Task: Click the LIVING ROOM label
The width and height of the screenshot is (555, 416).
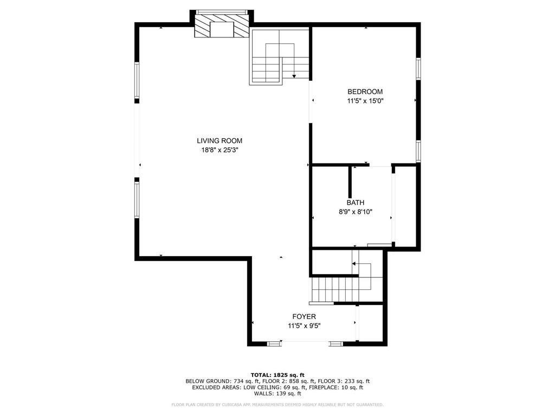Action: coord(220,141)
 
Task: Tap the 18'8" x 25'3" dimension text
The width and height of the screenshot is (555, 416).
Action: coord(220,150)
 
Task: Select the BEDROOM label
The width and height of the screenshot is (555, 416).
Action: coord(365,92)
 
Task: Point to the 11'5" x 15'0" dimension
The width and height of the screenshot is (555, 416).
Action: coord(365,101)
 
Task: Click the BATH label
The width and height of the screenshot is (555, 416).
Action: coord(356,203)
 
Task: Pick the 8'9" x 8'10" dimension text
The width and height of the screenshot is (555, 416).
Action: coord(356,212)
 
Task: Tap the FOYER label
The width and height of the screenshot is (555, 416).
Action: coord(304,316)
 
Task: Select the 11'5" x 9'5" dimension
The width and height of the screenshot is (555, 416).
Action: coord(304,326)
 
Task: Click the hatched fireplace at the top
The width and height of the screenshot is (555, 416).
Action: coord(222,26)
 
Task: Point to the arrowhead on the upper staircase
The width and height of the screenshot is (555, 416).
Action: coord(294,76)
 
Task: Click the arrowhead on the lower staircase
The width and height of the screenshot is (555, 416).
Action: coord(353,264)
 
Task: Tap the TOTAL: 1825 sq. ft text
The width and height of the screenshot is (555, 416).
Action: coord(277,375)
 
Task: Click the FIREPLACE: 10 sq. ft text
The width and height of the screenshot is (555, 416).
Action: coord(336,387)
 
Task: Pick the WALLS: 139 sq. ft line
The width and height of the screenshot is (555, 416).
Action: coord(277,393)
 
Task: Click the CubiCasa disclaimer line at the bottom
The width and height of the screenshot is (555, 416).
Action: coord(277,405)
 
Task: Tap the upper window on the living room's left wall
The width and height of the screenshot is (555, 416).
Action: coord(137,80)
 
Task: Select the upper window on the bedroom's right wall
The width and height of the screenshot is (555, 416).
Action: coord(418,69)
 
